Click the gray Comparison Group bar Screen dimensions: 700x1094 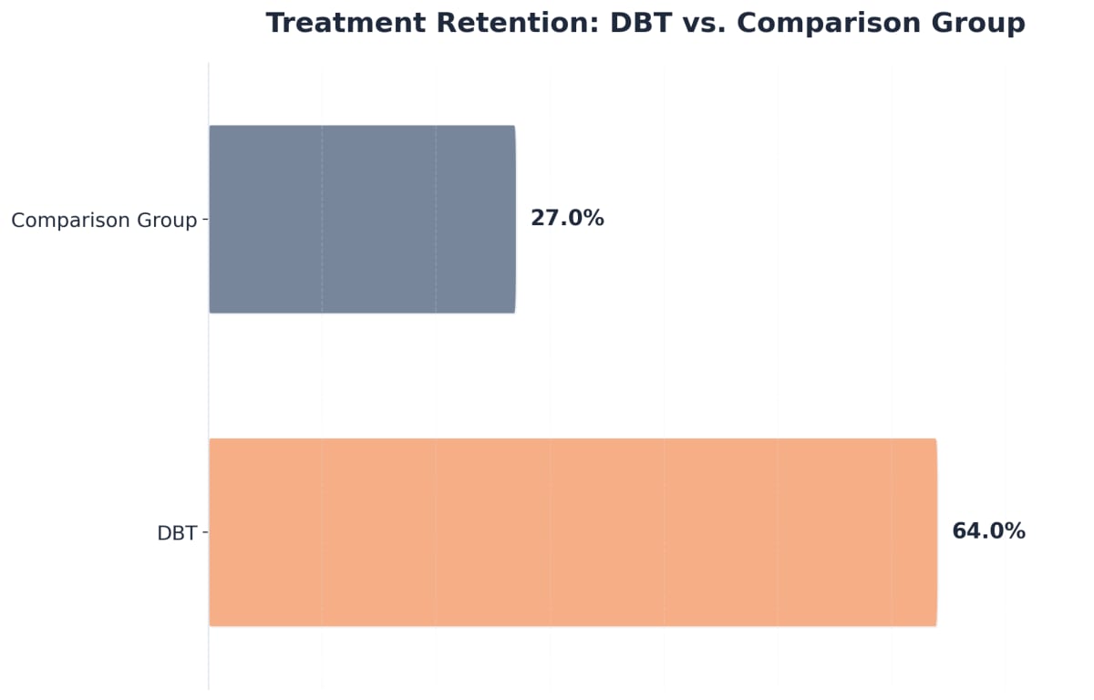coord(362,219)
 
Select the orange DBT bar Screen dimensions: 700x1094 coord(573,532)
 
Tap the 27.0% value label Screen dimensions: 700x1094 coord(567,219)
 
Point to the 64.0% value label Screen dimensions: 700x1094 coord(988,531)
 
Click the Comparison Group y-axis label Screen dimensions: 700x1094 coord(104,221)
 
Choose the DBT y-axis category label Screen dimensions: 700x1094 coord(177,534)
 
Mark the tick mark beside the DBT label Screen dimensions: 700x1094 coord(205,532)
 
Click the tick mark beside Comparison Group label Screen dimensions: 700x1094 coord(205,220)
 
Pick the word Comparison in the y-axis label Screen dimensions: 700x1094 coord(69,221)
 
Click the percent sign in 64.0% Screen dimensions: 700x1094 coord(1016,531)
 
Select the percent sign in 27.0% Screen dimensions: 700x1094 coord(594,219)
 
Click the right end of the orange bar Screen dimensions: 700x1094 coord(934,532)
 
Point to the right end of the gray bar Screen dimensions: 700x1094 coord(513,219)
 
